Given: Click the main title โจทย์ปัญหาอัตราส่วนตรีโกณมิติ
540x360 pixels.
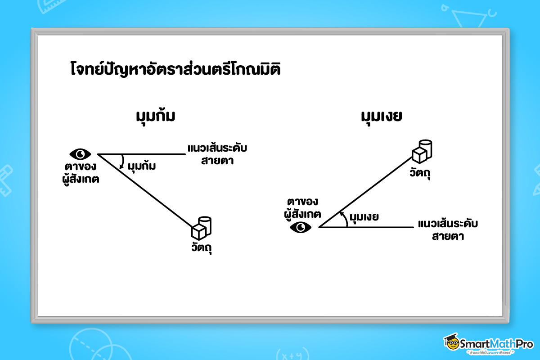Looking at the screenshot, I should tap(175, 71).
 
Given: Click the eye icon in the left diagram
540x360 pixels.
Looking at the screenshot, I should tap(80, 154).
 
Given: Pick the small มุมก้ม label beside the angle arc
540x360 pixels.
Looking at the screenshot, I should tap(142, 166).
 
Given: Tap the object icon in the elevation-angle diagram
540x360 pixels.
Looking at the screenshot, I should tap(422, 151).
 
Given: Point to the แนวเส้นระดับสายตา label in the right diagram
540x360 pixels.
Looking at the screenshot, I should tap(448, 229).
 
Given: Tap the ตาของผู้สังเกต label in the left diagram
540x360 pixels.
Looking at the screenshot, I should tap(81, 173).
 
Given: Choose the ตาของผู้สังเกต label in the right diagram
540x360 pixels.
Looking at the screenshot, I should tap(302, 208).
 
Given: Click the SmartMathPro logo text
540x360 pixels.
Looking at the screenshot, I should tap(494, 344).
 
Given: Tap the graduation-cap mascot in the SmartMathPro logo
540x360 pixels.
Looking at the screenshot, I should tap(451, 343).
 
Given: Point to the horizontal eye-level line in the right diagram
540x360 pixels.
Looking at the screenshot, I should tap(378, 227).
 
